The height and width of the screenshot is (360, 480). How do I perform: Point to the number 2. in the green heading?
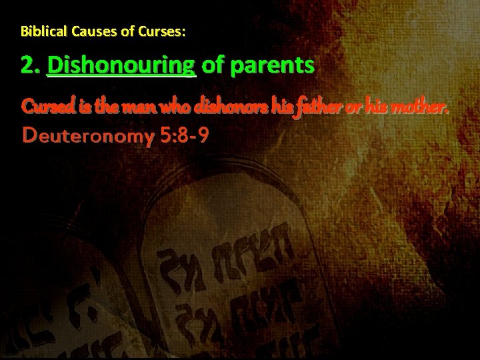coord(31,65)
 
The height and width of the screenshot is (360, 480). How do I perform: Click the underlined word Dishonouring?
coord(122,66)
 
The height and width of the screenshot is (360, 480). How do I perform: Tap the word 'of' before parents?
coord(213,65)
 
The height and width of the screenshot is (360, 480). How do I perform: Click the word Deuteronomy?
coord(87,136)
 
